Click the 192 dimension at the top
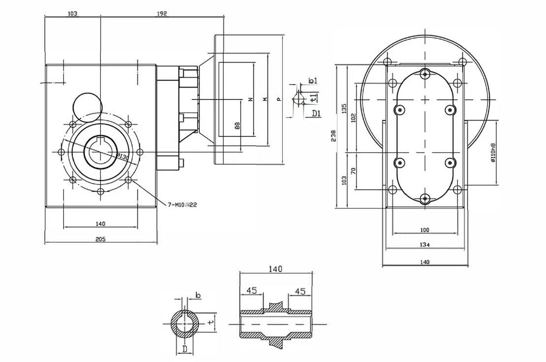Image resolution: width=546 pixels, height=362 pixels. pyautogui.click(x=162, y=14)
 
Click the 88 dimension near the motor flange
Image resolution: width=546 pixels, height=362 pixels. pyautogui.click(x=237, y=125)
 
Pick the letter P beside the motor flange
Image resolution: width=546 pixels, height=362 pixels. pyautogui.click(x=278, y=99)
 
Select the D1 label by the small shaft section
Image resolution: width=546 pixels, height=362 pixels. pyautogui.click(x=316, y=114)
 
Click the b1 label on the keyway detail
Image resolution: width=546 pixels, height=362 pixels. pyautogui.click(x=313, y=80)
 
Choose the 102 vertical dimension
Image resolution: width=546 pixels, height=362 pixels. pyautogui.click(x=353, y=118)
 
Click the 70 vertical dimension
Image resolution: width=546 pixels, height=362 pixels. pyautogui.click(x=353, y=171)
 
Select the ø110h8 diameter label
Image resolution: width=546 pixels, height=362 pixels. pyautogui.click(x=492, y=152)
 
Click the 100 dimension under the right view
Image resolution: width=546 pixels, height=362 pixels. pyautogui.click(x=425, y=229)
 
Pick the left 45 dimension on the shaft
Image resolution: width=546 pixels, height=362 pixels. pyautogui.click(x=251, y=291)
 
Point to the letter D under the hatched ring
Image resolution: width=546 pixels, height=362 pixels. pyautogui.click(x=184, y=349)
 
